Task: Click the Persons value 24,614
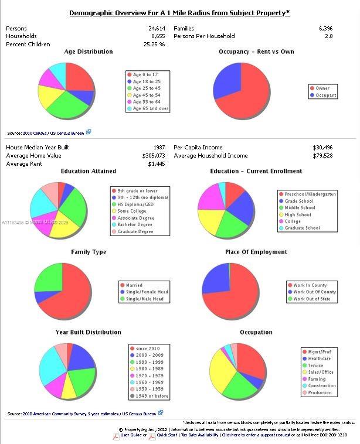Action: coord(157,28)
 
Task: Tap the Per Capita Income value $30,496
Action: coord(322,148)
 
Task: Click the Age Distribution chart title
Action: coord(88,52)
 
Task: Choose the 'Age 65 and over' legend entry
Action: coord(150,108)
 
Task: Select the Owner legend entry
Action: coord(322,88)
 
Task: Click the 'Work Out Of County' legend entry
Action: coord(314,292)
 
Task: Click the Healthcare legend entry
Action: coord(319,358)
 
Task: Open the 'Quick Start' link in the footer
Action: coord(167,435)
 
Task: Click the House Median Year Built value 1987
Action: coord(158,148)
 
